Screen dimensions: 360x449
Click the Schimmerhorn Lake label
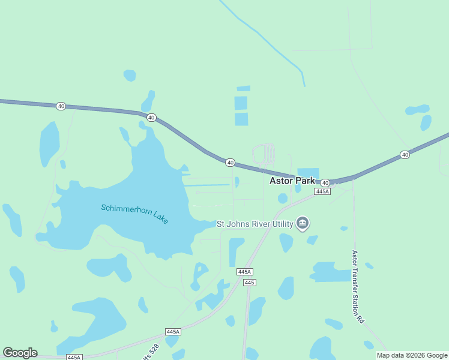pyautogui.click(x=134, y=214)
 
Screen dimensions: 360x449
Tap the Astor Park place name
pyautogui.click(x=292, y=180)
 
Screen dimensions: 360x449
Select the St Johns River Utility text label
pyautogui.click(x=255, y=224)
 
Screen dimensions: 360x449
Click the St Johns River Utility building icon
pyautogui.click(x=303, y=224)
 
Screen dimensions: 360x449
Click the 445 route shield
pyautogui.click(x=250, y=282)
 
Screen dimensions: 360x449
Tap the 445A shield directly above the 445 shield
pyautogui.click(x=244, y=272)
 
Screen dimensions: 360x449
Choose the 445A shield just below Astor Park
pyautogui.click(x=322, y=191)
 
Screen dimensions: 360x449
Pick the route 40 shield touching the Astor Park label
pyautogui.click(x=325, y=182)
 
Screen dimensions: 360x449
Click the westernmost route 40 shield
pyautogui.click(x=61, y=106)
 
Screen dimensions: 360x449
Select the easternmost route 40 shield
pyautogui.click(x=405, y=155)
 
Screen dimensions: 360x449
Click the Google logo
pyautogui.click(x=20, y=353)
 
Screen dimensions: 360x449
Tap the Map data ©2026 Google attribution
pyautogui.click(x=412, y=355)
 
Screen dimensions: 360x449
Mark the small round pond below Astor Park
pyautogui.click(x=283, y=198)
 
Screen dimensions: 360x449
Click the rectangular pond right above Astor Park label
pyautogui.click(x=309, y=173)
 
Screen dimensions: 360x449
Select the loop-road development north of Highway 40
pyautogui.click(x=265, y=154)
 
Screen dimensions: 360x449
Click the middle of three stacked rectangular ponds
pyautogui.click(x=241, y=103)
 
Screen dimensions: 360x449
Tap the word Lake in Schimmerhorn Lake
pyautogui.click(x=160, y=218)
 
